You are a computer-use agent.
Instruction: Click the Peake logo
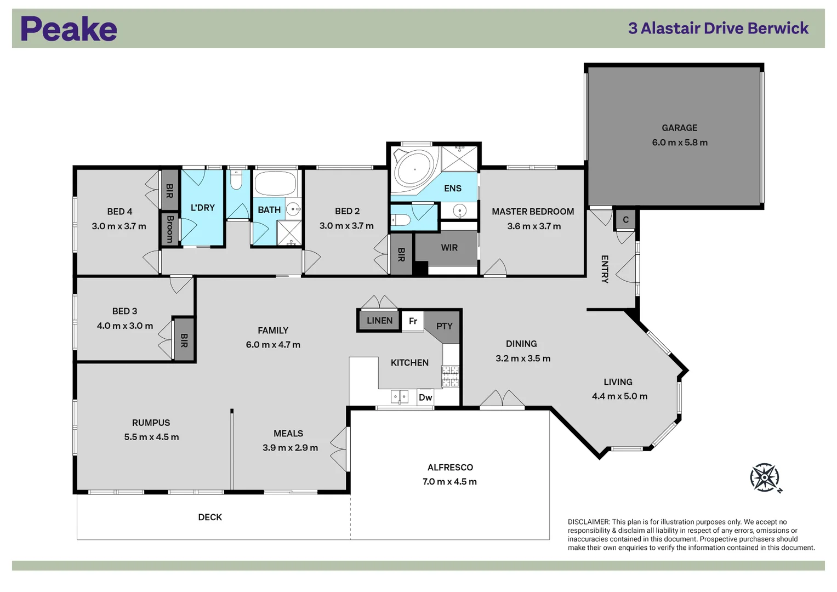(69, 29)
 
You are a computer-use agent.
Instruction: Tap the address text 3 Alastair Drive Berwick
(718, 29)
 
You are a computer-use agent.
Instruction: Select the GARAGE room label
(679, 128)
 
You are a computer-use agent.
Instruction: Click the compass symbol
(765, 477)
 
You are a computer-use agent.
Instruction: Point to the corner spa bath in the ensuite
(414, 168)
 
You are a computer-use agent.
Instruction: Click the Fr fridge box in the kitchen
(413, 321)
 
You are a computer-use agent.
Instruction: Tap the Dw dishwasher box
(425, 397)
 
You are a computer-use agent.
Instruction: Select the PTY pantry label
(444, 326)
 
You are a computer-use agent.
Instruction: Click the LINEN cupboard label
(379, 321)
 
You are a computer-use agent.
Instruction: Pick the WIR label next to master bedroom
(449, 248)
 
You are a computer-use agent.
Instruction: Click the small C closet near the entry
(625, 220)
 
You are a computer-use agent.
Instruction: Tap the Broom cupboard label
(170, 229)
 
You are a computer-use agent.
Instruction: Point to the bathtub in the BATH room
(275, 184)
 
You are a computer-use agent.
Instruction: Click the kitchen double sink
(399, 396)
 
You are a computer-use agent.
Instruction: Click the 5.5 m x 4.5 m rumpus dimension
(151, 437)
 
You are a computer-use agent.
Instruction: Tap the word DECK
(210, 517)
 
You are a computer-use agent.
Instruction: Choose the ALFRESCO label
(450, 467)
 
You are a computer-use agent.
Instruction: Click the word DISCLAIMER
(588, 522)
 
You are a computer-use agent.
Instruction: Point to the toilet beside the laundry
(236, 181)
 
